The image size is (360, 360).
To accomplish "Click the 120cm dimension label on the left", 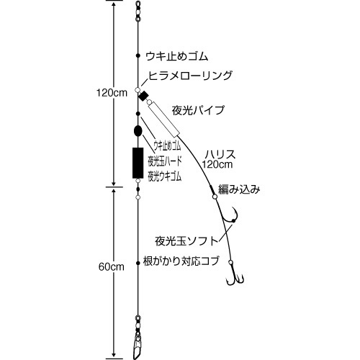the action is click(112, 93).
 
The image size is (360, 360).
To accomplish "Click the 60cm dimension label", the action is click(112, 267).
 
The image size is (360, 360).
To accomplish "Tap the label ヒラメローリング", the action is click(191, 76).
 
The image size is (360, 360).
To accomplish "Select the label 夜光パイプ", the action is click(198, 111).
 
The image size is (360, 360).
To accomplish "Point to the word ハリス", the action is click(220, 154).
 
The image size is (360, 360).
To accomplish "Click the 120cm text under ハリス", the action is click(217, 164).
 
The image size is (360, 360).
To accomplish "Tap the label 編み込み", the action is click(239, 189).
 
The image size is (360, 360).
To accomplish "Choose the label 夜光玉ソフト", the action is click(186, 241).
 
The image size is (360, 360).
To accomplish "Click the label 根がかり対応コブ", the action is click(181, 261).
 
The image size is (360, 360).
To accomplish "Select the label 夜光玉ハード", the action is click(165, 161).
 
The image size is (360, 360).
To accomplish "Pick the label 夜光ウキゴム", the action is click(165, 176).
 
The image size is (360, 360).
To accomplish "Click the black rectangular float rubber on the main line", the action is click(138, 163).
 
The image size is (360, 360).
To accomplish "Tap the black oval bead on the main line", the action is click(138, 131).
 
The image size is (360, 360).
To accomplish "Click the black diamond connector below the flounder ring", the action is click(143, 96).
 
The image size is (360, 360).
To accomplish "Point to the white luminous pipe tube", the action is click(164, 118).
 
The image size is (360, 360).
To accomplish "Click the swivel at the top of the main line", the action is click(138, 12).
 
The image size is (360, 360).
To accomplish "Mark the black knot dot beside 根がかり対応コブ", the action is click(138, 263).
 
